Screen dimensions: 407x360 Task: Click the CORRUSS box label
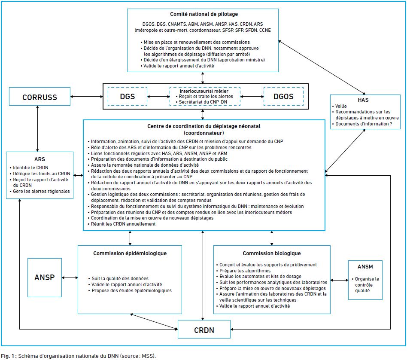point(39,97)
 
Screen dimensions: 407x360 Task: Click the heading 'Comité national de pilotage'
point(204,14)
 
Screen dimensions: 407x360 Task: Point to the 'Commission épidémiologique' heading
point(130,253)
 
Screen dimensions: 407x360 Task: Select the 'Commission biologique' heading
point(272,253)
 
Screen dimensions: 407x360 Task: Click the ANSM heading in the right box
point(365,267)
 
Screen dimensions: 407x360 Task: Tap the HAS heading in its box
point(363,100)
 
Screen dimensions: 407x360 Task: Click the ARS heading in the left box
point(39,159)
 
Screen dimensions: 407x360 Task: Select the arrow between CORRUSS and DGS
point(87,97)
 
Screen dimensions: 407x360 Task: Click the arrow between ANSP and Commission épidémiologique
point(70,278)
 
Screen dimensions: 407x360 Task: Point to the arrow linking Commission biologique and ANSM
point(339,280)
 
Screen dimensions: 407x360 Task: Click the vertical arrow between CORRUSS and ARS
point(38,128)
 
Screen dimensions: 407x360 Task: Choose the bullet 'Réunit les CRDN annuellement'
point(122,224)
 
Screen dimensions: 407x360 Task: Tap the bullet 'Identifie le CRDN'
point(29,168)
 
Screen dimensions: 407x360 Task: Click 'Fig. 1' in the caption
point(8,356)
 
